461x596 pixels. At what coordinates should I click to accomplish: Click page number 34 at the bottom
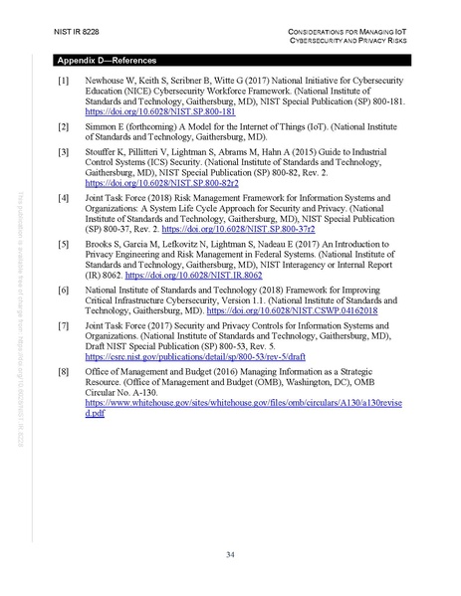point(230,554)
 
